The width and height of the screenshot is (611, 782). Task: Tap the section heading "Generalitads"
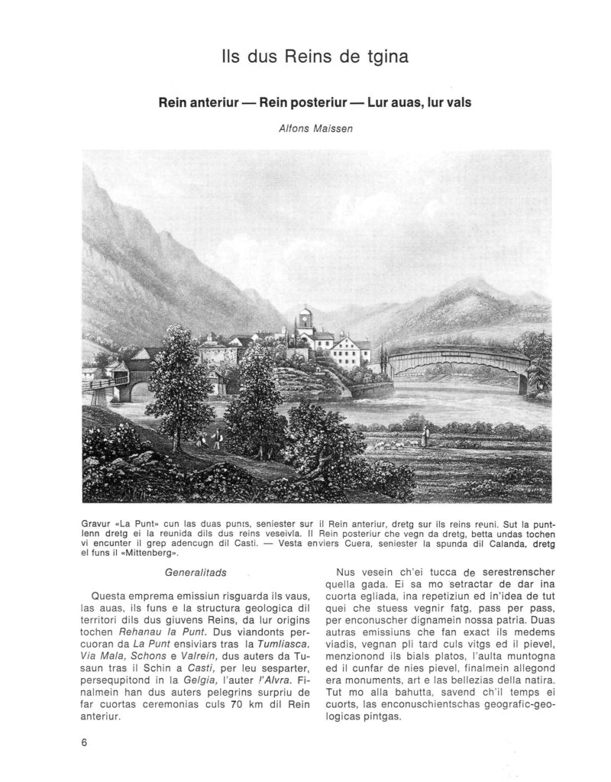click(x=189, y=570)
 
